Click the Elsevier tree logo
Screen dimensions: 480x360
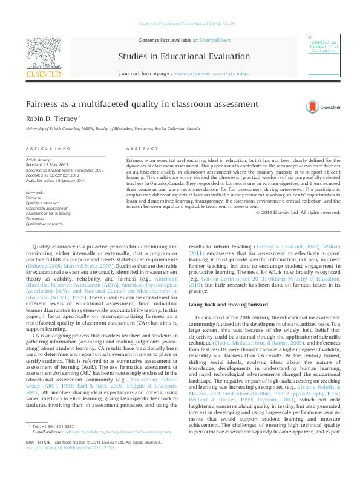tap(44, 56)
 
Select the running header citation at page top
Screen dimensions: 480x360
tap(180, 24)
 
